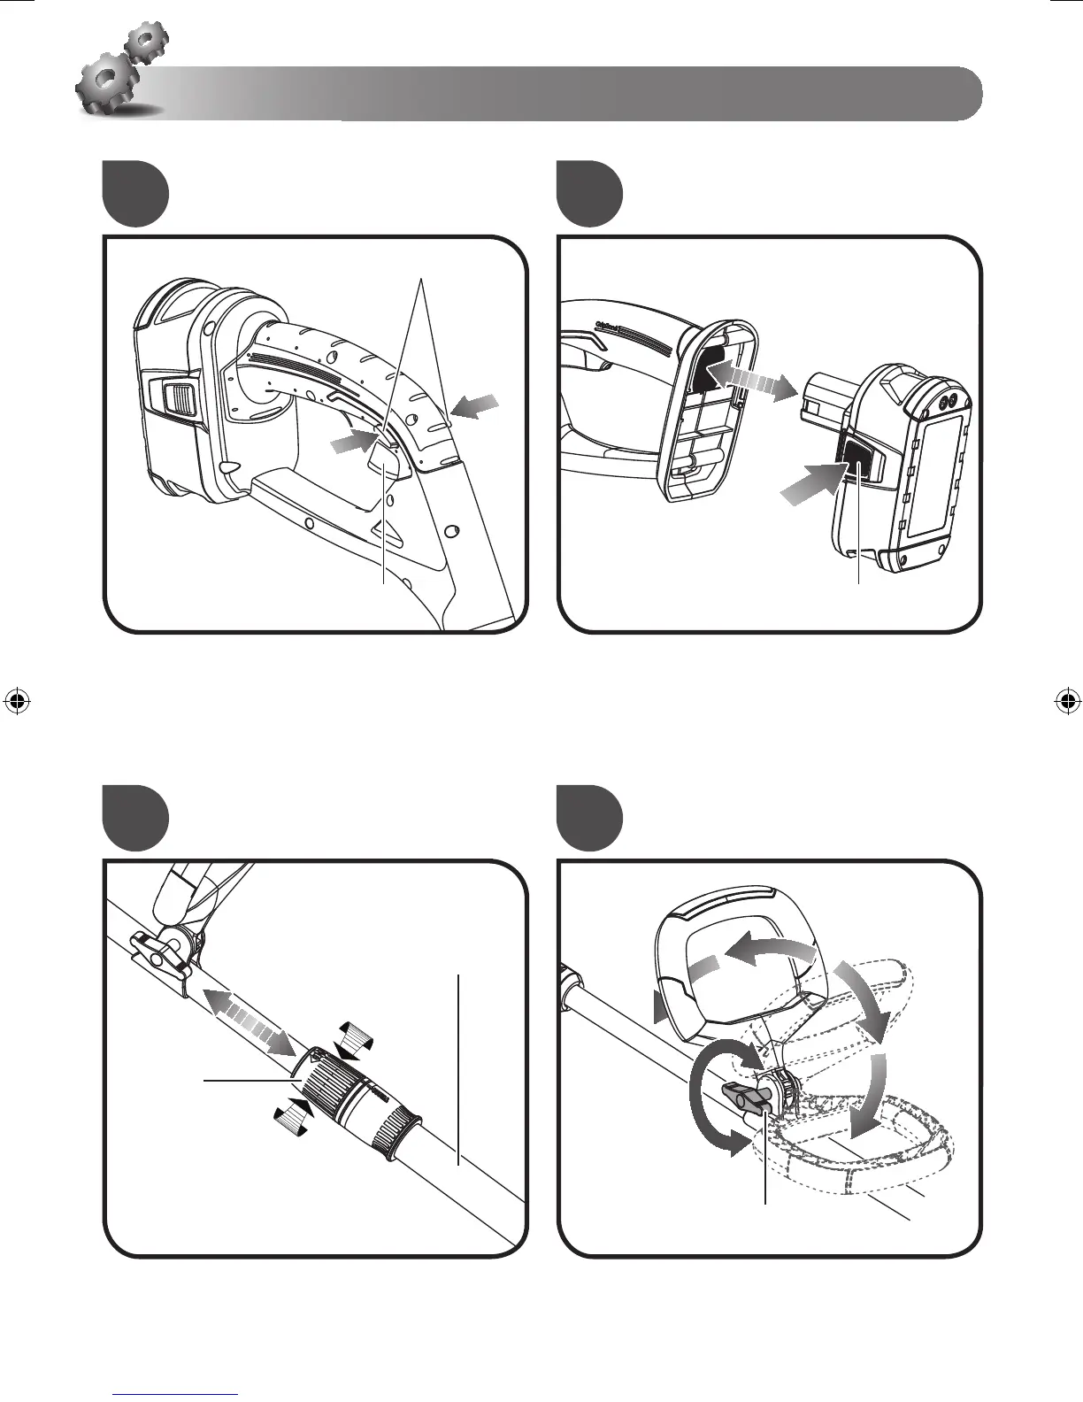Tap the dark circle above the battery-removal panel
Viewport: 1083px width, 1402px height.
coord(590,194)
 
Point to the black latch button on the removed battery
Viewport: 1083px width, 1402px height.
coord(856,461)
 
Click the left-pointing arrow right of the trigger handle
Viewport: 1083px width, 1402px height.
coord(475,406)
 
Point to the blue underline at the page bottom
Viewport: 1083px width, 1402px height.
coord(176,1394)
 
